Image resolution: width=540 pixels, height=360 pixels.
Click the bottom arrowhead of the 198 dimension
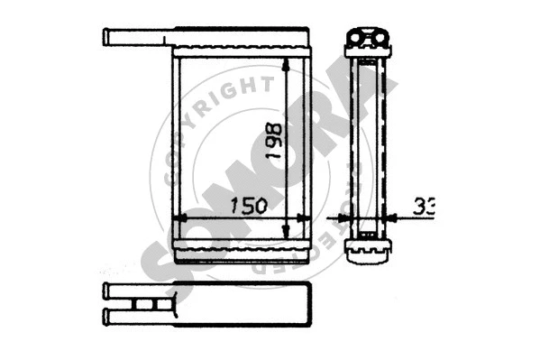pos(287,234)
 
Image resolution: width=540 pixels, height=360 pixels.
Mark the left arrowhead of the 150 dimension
pos(178,217)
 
